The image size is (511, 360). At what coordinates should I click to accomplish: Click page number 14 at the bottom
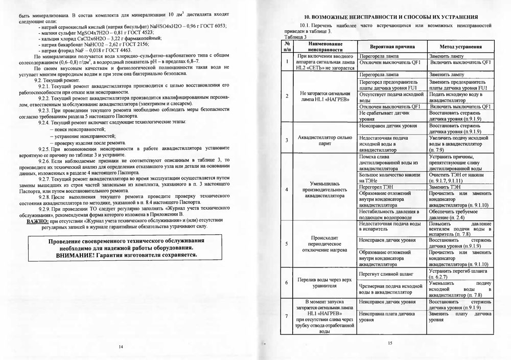tap(121, 347)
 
